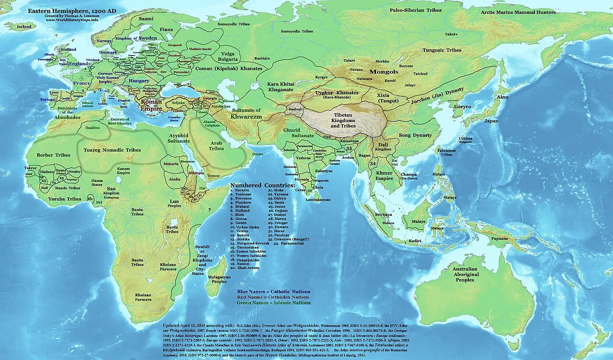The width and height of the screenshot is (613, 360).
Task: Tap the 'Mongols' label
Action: click(x=382, y=72)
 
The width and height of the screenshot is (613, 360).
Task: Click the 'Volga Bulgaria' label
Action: click(x=228, y=56)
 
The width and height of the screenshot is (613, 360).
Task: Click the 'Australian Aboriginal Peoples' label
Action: click(x=464, y=274)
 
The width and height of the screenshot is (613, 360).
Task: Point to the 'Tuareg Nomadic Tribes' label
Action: click(x=112, y=150)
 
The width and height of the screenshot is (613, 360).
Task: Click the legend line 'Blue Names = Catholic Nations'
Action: click(x=273, y=292)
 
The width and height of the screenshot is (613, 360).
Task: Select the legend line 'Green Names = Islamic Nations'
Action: click(x=273, y=303)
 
